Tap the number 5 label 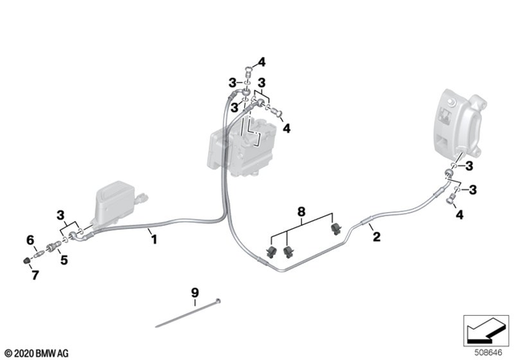click(x=63, y=260)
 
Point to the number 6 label click(x=31, y=239)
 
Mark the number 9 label click(x=194, y=291)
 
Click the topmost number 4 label click(x=261, y=60)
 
